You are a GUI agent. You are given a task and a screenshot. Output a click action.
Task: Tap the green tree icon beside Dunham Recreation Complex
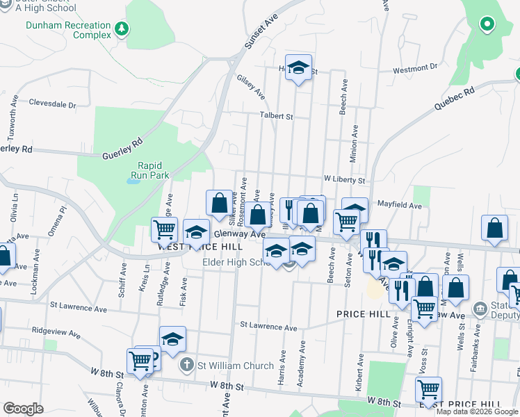pos(122,28)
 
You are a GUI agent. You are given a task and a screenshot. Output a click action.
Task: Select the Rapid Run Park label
pos(149,170)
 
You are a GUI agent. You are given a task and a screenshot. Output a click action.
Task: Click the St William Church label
pos(224,365)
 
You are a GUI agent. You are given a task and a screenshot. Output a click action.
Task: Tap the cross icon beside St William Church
pos(186,364)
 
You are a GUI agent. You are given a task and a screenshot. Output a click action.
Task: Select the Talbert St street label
pos(276,116)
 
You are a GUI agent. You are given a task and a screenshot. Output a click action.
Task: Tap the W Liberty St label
pos(343,180)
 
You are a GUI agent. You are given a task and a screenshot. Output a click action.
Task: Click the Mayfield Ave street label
pos(400,206)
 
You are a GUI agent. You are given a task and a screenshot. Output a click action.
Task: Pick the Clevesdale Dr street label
pos(52,104)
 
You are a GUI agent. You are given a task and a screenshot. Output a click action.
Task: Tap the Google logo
pos(23,408)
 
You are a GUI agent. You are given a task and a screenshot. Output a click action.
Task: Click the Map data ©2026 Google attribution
pos(477,411)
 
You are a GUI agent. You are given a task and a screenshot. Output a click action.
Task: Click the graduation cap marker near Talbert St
pos(298,67)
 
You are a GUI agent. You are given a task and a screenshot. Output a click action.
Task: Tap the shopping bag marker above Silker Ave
pos(219,202)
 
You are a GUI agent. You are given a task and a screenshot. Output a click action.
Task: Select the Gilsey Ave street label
pos(251,86)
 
